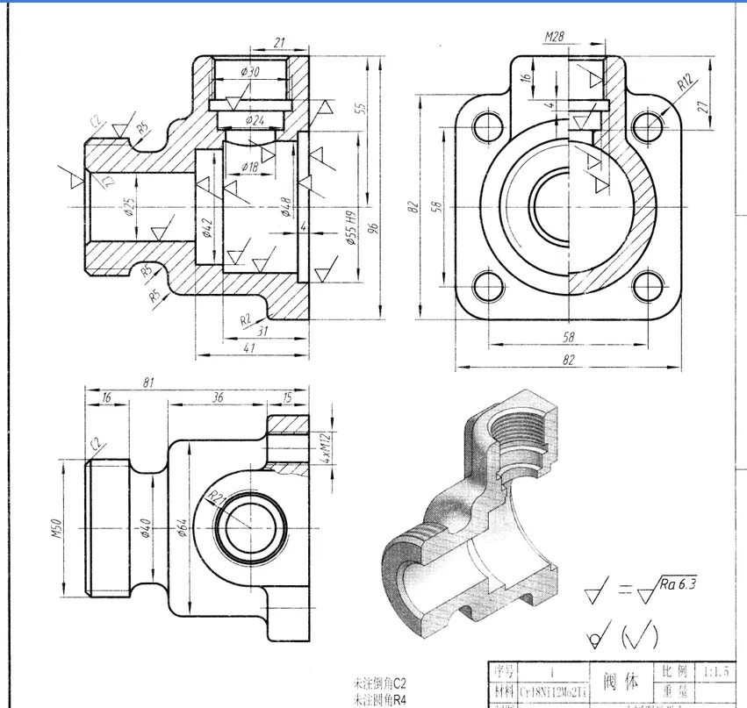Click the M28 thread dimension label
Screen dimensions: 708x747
553,37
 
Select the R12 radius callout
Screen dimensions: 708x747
686,84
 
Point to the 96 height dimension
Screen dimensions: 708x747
373,227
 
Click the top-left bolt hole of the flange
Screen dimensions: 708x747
485,126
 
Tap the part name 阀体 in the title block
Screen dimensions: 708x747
621,681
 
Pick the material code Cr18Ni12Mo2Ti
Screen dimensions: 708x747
543,691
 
